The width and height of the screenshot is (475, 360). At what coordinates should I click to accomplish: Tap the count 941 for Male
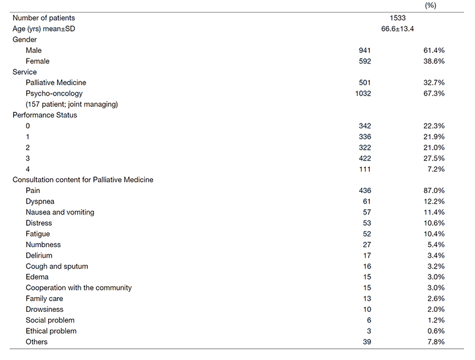pos(364,50)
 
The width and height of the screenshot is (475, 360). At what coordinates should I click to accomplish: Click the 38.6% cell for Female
pos(433,61)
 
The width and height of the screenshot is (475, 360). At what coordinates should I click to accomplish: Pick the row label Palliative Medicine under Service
pos(60,83)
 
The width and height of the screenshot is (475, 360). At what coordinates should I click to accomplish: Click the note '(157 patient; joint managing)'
pos(72,105)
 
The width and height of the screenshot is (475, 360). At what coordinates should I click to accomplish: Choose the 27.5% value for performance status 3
pos(433,158)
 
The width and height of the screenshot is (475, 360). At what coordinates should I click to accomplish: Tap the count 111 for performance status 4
pos(364,169)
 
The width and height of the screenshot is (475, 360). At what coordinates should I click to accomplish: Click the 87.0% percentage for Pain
pos(433,191)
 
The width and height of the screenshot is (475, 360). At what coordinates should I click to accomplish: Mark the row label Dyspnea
pos(40,201)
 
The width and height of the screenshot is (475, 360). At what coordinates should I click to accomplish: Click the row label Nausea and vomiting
pos(60,212)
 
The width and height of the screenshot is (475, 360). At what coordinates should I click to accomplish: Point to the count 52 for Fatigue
pos(366,234)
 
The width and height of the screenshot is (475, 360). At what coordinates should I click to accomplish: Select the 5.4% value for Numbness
pos(435,245)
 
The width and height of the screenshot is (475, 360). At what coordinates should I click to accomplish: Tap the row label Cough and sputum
pos(57,266)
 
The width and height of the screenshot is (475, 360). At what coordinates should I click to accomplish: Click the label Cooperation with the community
pos(78,288)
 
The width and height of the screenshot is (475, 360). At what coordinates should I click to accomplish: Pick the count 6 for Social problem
pos(369,320)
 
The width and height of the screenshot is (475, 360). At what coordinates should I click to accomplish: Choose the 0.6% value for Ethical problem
pos(435,331)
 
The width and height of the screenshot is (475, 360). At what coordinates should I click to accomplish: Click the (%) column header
pos(431,5)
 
